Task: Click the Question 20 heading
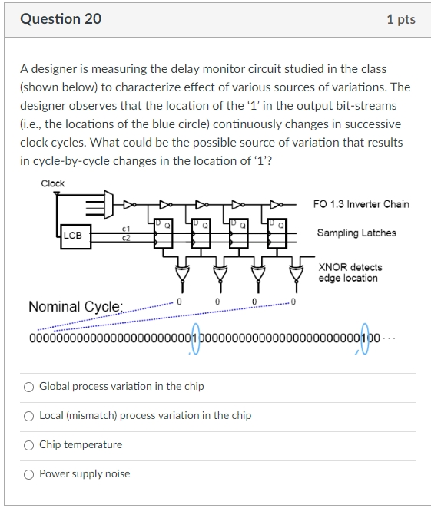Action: click(x=60, y=19)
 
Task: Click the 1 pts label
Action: click(x=401, y=19)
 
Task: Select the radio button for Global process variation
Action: click(x=28, y=387)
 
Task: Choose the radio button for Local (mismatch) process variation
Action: click(x=28, y=416)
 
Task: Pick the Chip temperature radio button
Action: click(x=28, y=445)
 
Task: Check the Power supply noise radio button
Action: click(x=28, y=474)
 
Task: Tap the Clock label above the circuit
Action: click(x=53, y=183)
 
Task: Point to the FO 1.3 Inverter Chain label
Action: click(x=361, y=204)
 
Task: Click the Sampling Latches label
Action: click(x=356, y=233)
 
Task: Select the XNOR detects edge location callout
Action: click(x=350, y=272)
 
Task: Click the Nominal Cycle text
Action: click(x=75, y=307)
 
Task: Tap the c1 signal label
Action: click(x=126, y=229)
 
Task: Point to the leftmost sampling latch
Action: click(x=164, y=233)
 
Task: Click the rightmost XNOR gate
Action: click(x=294, y=272)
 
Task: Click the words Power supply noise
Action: click(x=85, y=474)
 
